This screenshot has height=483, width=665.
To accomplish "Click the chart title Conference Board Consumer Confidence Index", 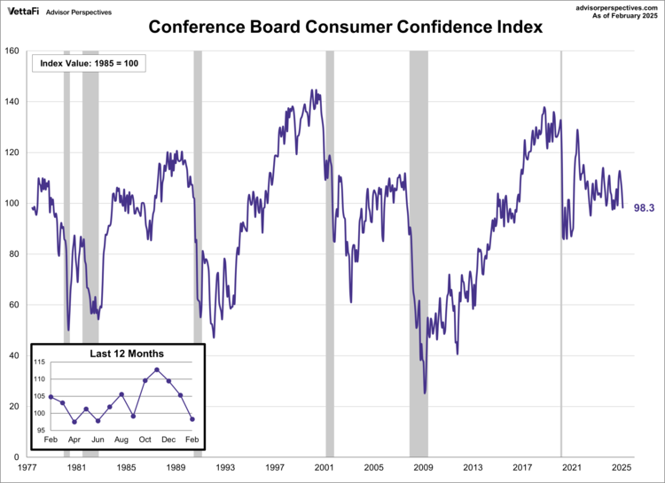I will (332, 27).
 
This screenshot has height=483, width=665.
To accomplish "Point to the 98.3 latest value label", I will (644, 207).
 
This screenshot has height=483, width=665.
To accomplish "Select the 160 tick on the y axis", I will (13, 51).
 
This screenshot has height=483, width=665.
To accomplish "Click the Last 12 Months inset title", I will (127, 354).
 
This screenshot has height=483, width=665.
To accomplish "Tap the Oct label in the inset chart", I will (145, 439).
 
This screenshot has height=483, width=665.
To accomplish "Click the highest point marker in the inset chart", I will (157, 370).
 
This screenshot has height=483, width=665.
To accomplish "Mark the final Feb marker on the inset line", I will (192, 419).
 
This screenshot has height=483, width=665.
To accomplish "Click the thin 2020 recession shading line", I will (560, 253).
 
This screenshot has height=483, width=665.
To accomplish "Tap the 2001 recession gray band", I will (330, 253).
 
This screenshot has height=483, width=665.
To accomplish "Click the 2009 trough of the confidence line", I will (425, 392).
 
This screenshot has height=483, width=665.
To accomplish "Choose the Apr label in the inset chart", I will (74, 439).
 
